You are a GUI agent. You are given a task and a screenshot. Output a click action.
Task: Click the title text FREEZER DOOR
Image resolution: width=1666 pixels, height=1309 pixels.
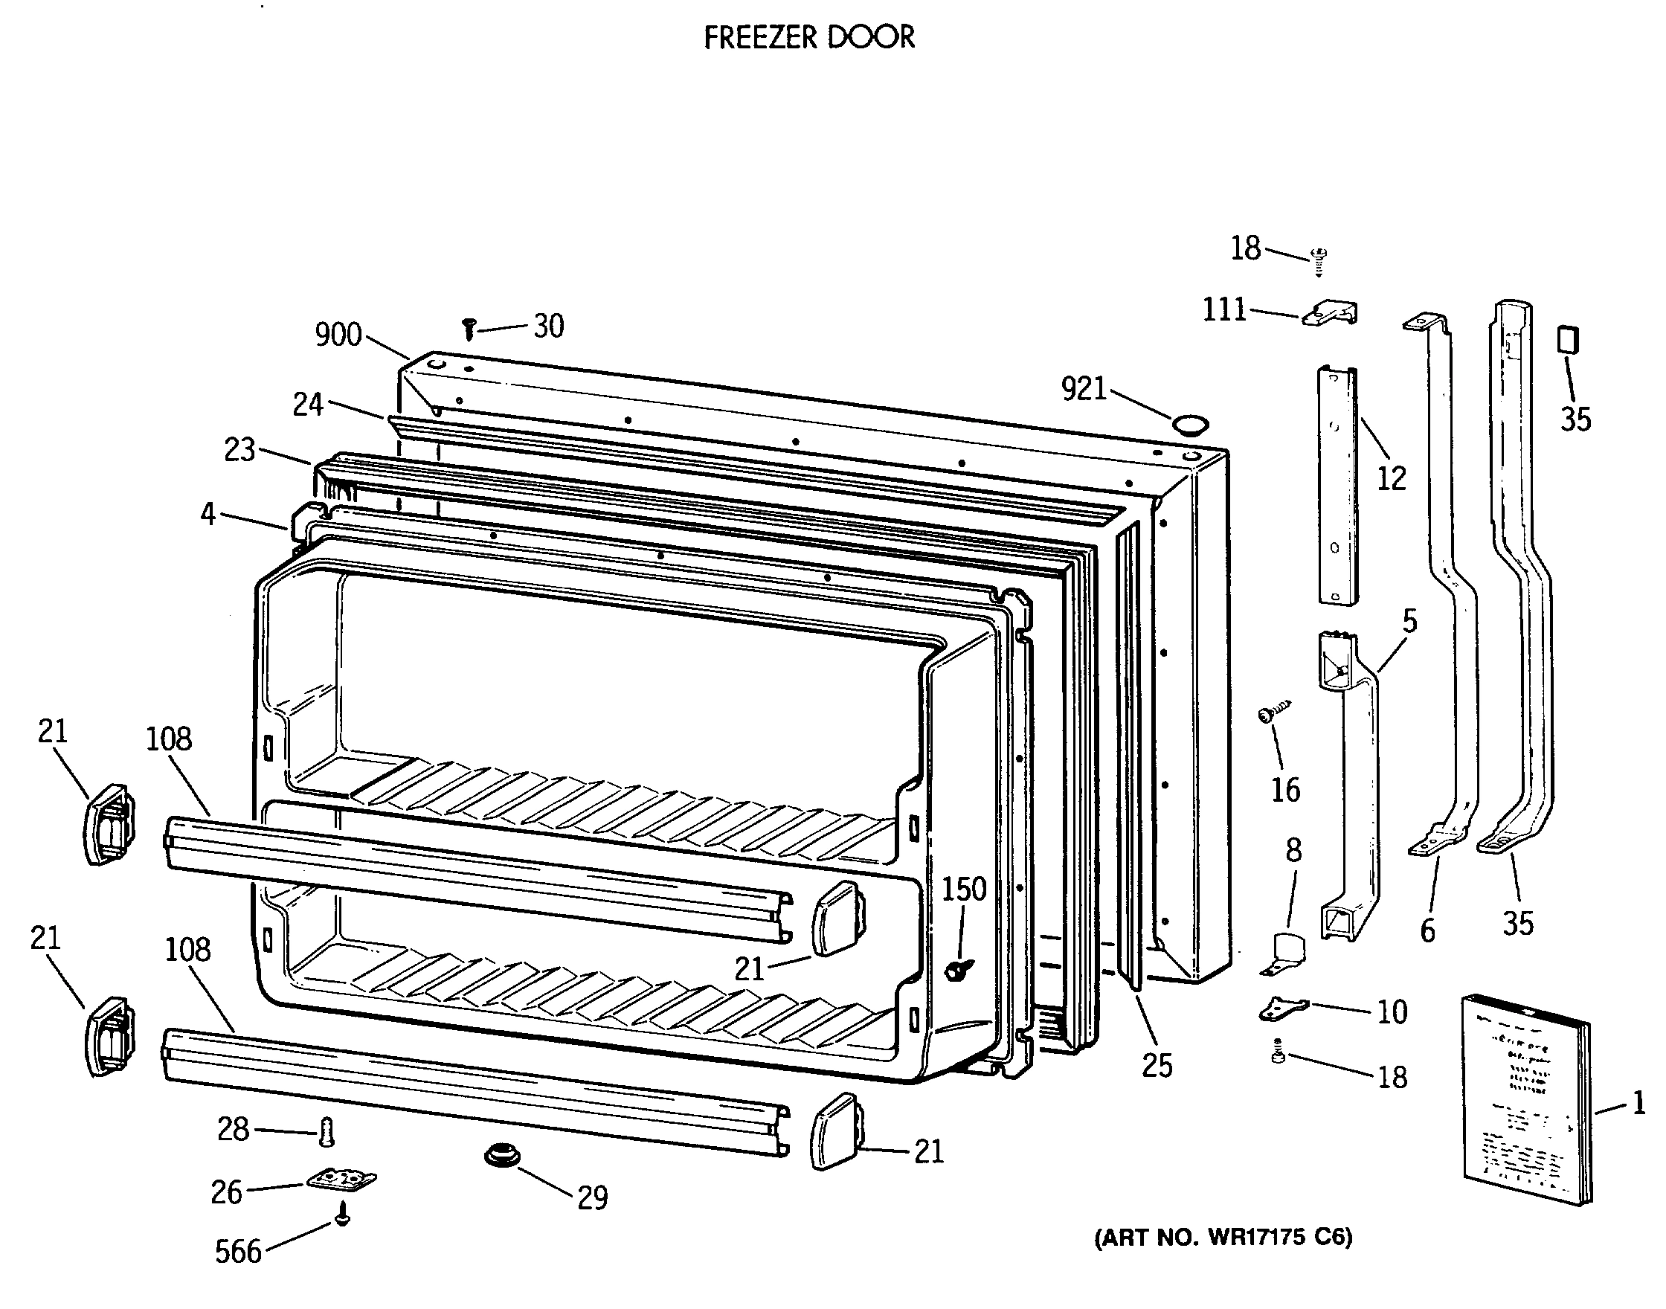pyautogui.click(x=808, y=36)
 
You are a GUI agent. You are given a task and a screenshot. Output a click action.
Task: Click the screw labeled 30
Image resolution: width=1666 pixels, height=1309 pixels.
pyautogui.click(x=469, y=329)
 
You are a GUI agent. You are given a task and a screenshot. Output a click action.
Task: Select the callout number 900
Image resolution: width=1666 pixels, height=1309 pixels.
pyautogui.click(x=338, y=335)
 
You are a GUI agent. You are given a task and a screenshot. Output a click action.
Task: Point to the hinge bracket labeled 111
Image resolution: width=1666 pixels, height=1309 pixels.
pyautogui.click(x=1330, y=312)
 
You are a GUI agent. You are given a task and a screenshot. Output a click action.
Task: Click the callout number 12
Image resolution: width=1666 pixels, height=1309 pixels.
pyautogui.click(x=1392, y=479)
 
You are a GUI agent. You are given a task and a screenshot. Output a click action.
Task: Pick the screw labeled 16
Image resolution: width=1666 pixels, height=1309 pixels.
pyautogui.click(x=1273, y=713)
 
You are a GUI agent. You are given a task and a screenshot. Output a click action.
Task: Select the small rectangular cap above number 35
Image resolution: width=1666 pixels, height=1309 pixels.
pyautogui.click(x=1568, y=338)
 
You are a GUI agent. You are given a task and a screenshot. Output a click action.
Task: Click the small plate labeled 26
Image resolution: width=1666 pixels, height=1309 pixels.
pyautogui.click(x=342, y=1180)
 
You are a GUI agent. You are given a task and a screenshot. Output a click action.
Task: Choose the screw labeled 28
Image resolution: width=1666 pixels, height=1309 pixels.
pyautogui.click(x=327, y=1132)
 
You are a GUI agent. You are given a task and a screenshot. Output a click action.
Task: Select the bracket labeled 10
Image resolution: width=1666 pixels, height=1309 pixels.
pyautogui.click(x=1283, y=1009)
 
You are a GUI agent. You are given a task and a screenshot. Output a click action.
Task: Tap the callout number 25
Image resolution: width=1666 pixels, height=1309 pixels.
pyautogui.click(x=1157, y=1065)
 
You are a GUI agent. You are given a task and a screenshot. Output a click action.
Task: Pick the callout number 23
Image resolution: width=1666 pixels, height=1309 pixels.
pyautogui.click(x=239, y=450)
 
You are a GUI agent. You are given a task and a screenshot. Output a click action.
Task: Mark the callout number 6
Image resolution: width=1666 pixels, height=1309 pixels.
pyautogui.click(x=1427, y=930)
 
